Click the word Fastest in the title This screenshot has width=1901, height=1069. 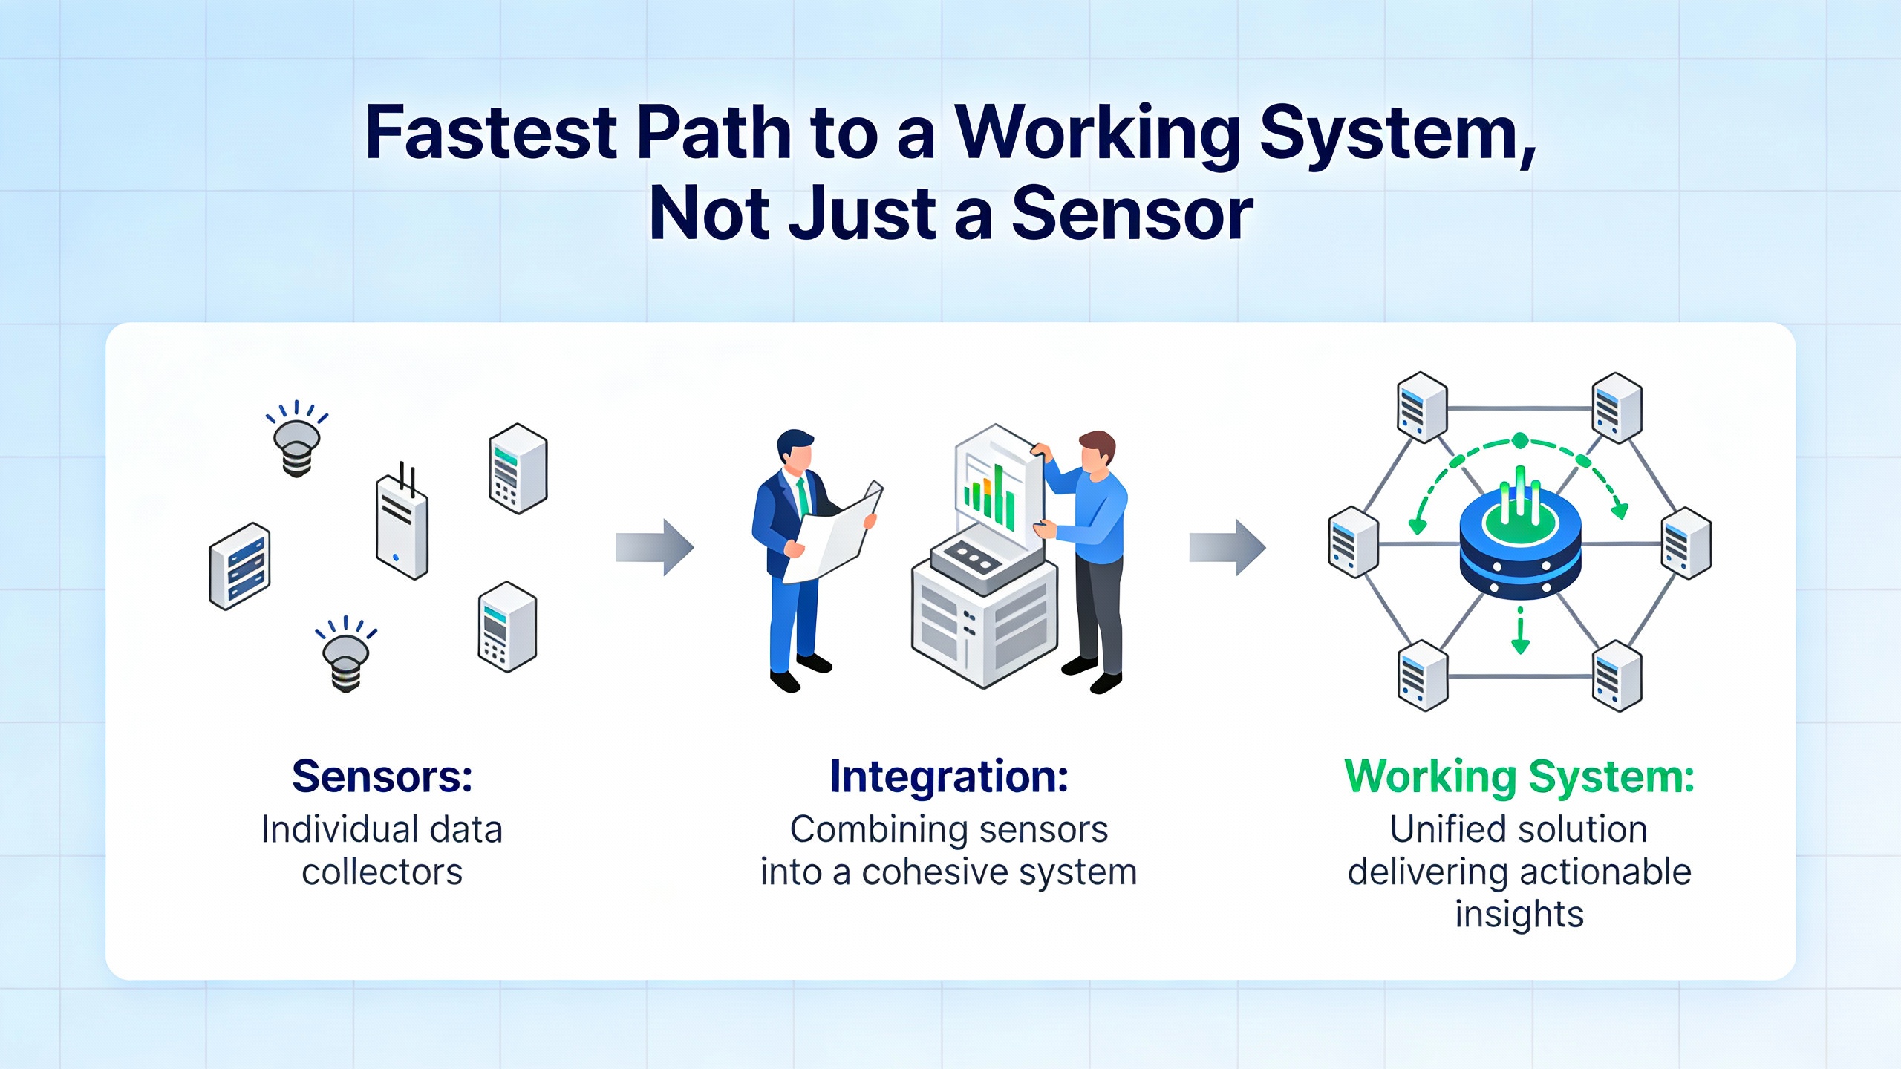[491, 133]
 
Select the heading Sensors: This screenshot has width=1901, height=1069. [382, 777]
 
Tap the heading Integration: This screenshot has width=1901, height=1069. [949, 777]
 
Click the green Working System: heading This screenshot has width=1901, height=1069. [1519, 777]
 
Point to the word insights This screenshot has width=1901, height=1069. [1519, 914]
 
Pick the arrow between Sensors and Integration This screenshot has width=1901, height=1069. [654, 548]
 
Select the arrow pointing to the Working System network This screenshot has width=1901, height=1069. [1227, 548]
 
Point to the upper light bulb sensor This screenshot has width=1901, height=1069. [297, 442]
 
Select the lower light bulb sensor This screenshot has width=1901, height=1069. [346, 658]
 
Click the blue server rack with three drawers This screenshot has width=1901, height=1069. [240, 566]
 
